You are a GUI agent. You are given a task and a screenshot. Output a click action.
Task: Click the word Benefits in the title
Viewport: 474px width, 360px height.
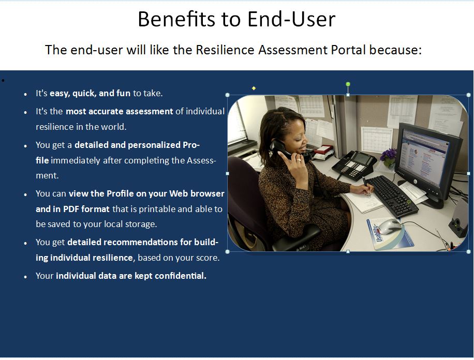pyautogui.click(x=177, y=19)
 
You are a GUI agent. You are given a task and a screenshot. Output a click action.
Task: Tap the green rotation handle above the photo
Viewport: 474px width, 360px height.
pyautogui.click(x=348, y=84)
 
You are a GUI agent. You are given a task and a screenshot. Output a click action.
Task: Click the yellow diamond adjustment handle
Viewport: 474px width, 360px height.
pyautogui.click(x=254, y=88)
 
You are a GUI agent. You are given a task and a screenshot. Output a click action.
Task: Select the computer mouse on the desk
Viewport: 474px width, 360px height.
pyautogui.click(x=390, y=226)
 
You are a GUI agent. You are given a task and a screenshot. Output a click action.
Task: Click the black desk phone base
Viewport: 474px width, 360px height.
pyautogui.click(x=353, y=164)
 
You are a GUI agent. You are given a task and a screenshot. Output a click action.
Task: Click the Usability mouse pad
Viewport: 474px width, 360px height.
pyautogui.click(x=390, y=233)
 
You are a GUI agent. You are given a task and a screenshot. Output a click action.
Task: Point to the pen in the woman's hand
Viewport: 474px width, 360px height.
pyautogui.click(x=367, y=186)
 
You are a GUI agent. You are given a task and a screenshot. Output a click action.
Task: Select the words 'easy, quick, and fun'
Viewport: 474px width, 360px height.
pyautogui.click(x=90, y=94)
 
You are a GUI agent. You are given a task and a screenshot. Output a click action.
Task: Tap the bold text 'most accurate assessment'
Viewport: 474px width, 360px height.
pyautogui.click(x=120, y=112)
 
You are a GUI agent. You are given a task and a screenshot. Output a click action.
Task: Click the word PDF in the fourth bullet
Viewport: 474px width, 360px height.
pyautogui.click(x=71, y=209)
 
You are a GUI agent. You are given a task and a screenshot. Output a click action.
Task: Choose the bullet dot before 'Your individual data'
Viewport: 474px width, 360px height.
pyautogui.click(x=25, y=277)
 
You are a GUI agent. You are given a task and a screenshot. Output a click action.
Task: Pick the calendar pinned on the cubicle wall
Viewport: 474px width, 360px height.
pyautogui.click(x=376, y=139)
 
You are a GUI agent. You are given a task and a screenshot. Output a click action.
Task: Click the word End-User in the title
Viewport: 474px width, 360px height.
pyautogui.click(x=291, y=19)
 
